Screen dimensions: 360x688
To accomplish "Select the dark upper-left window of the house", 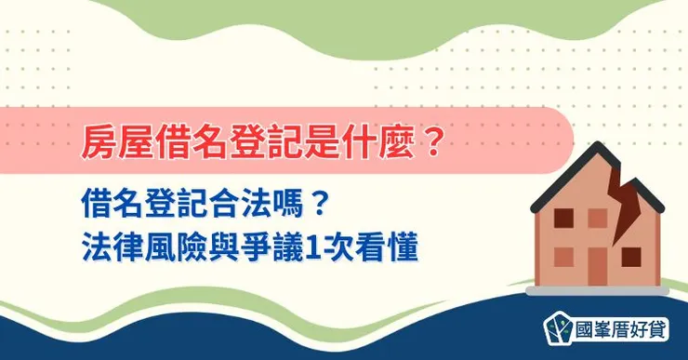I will [563, 217].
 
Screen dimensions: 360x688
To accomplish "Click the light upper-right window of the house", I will [598, 217].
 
